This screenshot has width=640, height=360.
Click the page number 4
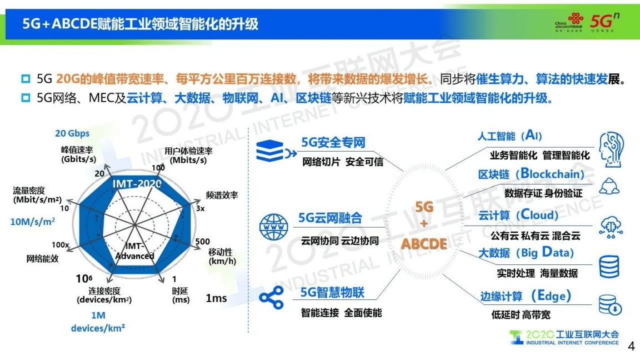(630, 347)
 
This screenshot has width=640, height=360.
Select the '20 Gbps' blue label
(72, 133)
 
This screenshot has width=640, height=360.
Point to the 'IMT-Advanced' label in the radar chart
(134, 251)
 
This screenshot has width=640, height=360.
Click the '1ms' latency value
(216, 298)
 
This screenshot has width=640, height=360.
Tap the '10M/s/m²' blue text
(33, 221)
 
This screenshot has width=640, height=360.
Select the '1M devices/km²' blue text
(98, 322)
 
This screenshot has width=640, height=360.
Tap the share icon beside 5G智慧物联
(272, 298)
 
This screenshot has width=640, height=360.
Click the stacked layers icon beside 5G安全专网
(271, 151)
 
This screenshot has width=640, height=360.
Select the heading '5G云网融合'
(330, 218)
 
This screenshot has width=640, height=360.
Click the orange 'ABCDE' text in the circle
(424, 244)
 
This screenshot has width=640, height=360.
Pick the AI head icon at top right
(610, 146)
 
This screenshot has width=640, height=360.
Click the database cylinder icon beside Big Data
(609, 266)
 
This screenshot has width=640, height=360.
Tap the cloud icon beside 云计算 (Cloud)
(610, 226)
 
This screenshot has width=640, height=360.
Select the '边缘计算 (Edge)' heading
(526, 296)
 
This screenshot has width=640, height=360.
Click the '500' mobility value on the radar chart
(203, 241)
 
